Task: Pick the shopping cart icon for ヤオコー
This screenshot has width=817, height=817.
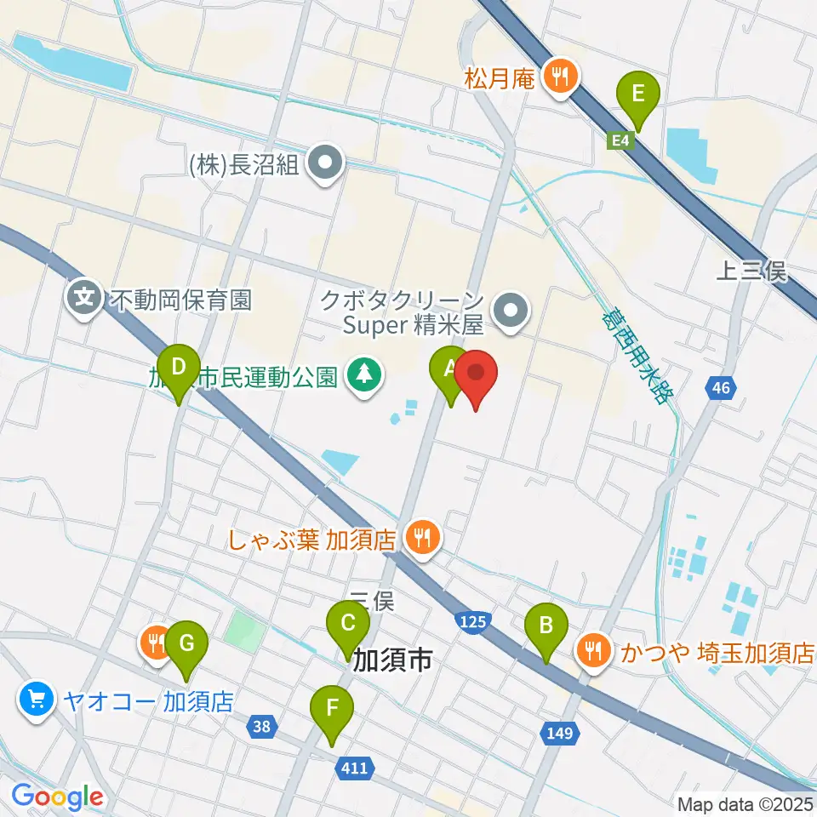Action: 36,701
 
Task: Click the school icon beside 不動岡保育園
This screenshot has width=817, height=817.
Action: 84,299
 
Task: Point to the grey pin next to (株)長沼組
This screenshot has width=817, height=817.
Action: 324,164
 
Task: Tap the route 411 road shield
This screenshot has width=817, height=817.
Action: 353,768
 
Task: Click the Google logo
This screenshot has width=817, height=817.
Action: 57,797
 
